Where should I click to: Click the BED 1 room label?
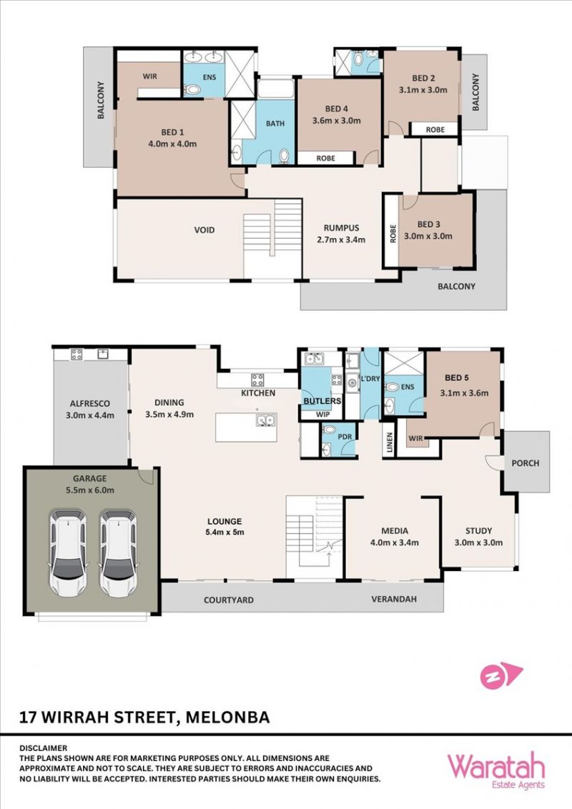[x=172, y=132]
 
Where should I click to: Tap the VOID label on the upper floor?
[x=204, y=230]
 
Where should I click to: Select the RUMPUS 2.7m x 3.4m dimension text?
[x=341, y=239]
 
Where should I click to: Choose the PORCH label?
[x=525, y=463]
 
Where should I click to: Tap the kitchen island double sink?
[x=266, y=420]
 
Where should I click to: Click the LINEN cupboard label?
[x=390, y=442]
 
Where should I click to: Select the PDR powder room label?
[x=345, y=437]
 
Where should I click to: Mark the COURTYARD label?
[x=228, y=600]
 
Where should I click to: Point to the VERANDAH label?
[x=394, y=599]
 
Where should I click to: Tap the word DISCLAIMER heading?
[x=44, y=748]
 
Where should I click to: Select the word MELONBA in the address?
[x=227, y=717]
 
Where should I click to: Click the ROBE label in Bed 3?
[x=393, y=234]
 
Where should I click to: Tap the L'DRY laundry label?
[x=370, y=379]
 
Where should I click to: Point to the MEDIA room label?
[x=395, y=530]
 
